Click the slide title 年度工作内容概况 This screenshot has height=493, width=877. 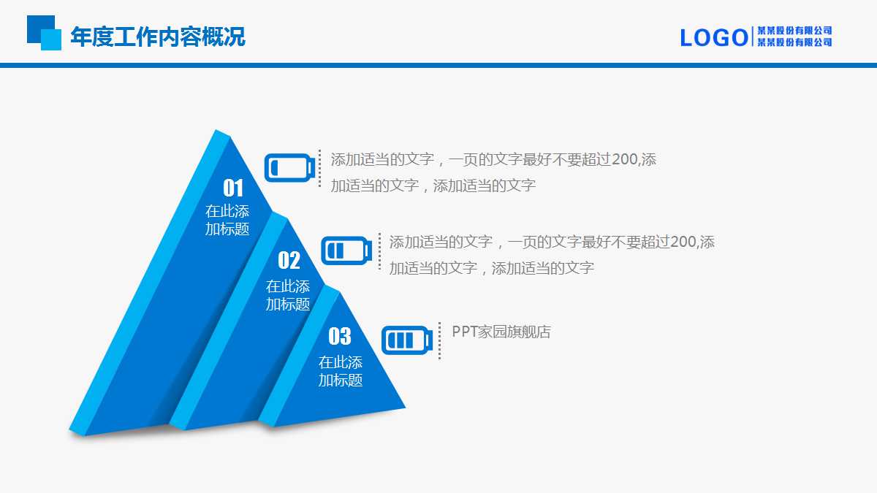(158, 37)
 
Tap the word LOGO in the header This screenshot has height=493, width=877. (714, 38)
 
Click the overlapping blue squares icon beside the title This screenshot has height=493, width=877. (44, 33)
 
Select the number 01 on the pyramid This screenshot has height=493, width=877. (233, 188)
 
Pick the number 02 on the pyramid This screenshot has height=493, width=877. (289, 260)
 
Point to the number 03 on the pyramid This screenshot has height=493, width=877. (340, 336)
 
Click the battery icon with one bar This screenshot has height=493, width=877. (289, 168)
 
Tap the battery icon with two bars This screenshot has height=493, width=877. (346, 251)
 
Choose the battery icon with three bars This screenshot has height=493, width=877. (407, 340)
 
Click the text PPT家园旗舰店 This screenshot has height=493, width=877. (501, 332)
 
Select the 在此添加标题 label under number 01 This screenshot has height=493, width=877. (227, 220)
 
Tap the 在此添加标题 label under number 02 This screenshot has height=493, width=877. (288, 295)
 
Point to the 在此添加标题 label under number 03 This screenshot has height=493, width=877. (341, 371)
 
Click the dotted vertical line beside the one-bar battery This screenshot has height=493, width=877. (320, 168)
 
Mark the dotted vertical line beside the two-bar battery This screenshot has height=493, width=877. (379, 251)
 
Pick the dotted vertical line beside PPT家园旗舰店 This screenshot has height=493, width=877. (440, 340)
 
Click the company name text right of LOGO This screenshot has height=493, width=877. (794, 37)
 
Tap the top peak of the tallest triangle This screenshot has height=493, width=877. (216, 130)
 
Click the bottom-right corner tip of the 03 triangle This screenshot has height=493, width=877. (405, 408)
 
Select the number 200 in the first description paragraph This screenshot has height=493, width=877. (624, 159)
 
